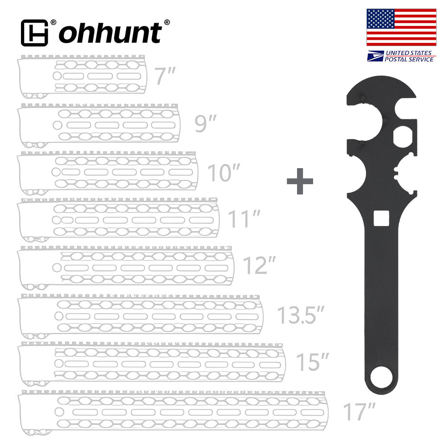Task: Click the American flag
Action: coord(401,27)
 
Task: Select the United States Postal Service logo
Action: coord(401,56)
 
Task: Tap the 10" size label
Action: coord(224,173)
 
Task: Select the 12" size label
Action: coord(259,266)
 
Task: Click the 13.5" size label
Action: coord(300,315)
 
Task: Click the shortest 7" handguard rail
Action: coord(83,76)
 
